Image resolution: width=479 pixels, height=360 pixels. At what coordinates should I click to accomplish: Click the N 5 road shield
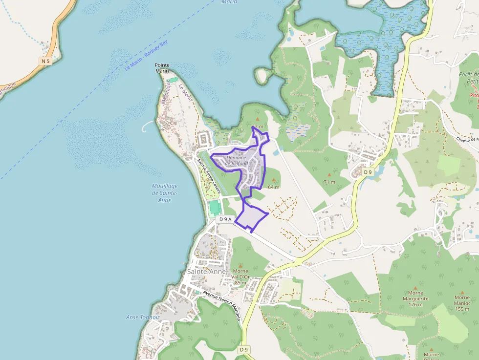point(45,61)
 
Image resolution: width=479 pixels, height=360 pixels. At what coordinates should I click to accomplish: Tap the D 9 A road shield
point(225,219)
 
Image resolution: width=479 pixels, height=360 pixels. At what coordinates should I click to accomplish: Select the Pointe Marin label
point(162,68)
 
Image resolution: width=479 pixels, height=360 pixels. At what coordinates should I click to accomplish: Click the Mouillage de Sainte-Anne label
point(165,193)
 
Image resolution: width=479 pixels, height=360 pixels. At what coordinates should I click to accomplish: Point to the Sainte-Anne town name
point(207,272)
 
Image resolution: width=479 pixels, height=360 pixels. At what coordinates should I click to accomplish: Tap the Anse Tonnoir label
point(143,317)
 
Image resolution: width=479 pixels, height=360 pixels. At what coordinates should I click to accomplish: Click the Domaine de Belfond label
point(237,161)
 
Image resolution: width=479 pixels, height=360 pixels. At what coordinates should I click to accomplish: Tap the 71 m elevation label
point(329,182)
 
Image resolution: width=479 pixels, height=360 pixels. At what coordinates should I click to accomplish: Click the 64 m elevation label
point(274,187)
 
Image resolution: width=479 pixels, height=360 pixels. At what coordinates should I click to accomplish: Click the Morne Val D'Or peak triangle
point(240,265)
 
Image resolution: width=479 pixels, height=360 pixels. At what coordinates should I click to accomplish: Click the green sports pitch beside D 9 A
point(214,208)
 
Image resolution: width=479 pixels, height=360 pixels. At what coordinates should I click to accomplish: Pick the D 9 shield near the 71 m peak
point(368,172)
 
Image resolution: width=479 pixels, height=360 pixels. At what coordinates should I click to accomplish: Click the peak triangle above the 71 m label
point(329,174)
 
